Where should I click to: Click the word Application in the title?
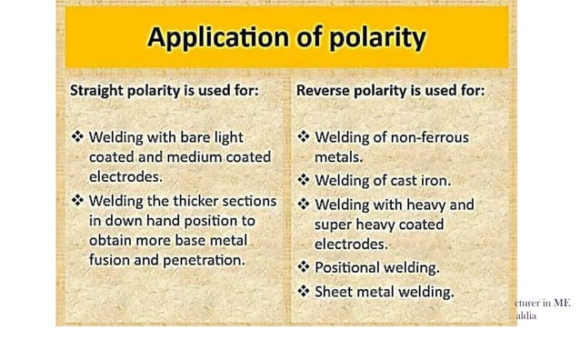tap(208, 38)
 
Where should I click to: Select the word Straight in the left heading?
tap(97, 91)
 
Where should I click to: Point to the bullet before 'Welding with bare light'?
tap(77, 137)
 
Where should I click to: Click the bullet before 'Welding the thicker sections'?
tap(77, 201)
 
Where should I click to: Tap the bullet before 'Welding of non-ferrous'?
tap(304, 137)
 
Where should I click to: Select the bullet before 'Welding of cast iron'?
tap(304, 180)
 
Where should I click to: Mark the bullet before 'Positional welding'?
tap(304, 267)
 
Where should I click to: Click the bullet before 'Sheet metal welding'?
tap(304, 291)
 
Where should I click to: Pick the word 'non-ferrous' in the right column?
tap(430, 137)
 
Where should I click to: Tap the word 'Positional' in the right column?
tap(350, 267)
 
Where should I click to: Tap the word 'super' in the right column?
tap(334, 224)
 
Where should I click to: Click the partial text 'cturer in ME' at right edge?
tap(543, 303)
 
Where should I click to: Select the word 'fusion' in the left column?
tap(110, 259)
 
